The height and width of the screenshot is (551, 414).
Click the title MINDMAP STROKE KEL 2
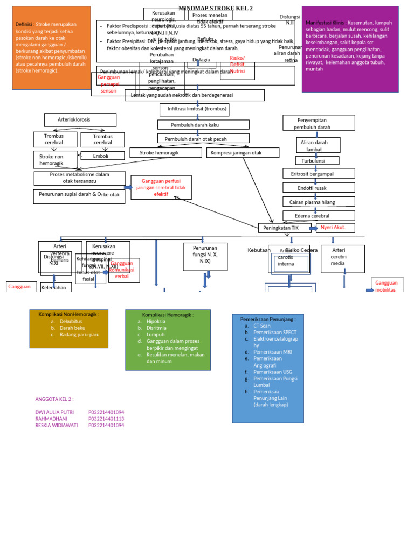click(x=215, y=9)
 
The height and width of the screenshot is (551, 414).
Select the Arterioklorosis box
click(x=80, y=120)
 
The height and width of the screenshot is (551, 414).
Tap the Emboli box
click(x=102, y=156)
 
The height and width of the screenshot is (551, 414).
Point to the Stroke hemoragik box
click(x=165, y=153)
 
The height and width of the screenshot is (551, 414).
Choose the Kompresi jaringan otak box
click(x=243, y=153)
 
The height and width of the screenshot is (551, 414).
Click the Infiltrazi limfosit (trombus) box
click(x=194, y=109)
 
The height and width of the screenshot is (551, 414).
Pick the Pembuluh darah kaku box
click(x=203, y=125)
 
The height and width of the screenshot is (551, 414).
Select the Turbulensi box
click(x=317, y=161)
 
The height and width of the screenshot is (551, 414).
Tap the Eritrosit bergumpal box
click(x=319, y=174)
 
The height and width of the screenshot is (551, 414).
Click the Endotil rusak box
click(x=319, y=188)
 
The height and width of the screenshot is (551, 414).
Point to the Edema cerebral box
click(x=319, y=216)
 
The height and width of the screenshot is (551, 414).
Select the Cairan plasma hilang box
click(x=319, y=202)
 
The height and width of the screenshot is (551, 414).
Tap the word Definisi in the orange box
click(x=25, y=25)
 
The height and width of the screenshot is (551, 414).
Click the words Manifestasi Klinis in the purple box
click(x=325, y=23)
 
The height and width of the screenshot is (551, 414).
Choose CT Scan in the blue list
click(x=262, y=326)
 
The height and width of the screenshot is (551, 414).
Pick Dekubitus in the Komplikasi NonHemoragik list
click(x=71, y=321)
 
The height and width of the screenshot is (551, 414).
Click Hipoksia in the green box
click(x=156, y=321)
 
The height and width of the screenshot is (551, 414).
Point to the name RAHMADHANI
click(x=51, y=419)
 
